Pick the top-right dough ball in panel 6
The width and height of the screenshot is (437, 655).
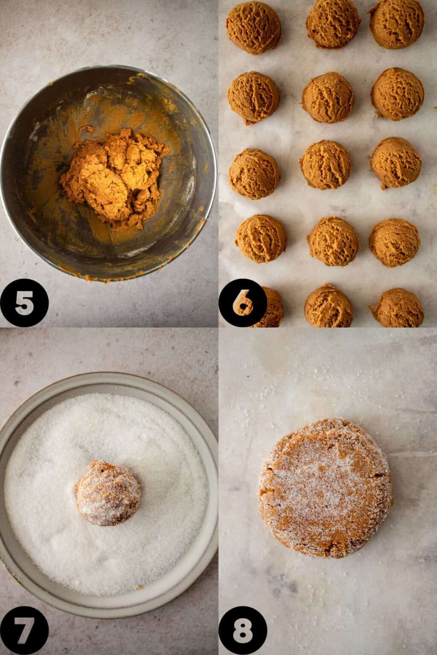[x=396, y=23]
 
